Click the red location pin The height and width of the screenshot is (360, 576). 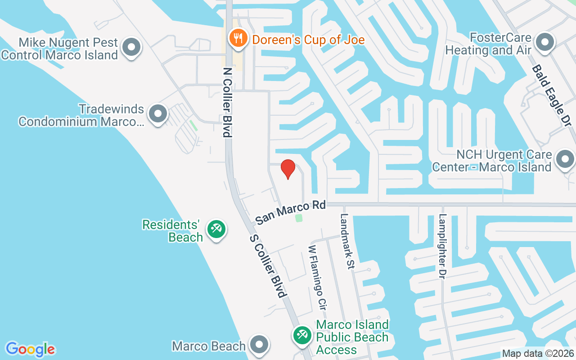coord(288,169)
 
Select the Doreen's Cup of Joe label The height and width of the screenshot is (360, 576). coord(308,40)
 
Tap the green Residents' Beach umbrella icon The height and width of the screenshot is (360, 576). coord(216,229)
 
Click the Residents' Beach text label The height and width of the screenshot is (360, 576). coord(171,230)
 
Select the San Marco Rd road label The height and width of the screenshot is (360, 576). coord(290,212)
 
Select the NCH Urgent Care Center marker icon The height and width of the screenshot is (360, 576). coord(565,159)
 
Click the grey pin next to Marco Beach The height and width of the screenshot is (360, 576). coord(259,345)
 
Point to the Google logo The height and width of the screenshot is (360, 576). coord(31,349)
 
